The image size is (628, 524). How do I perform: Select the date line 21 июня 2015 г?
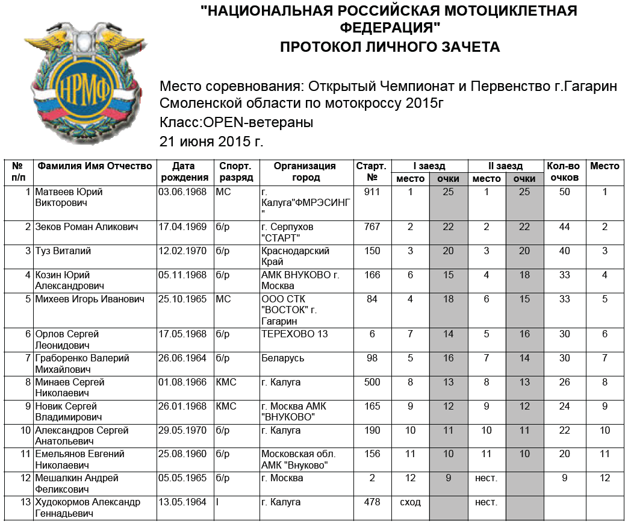coord(211,142)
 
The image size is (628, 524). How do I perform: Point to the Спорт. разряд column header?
coord(235,172)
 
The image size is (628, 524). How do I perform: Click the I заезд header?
coord(429,166)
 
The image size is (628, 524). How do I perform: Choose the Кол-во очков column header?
coord(563,172)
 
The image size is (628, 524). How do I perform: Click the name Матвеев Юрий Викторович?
coord(69,198)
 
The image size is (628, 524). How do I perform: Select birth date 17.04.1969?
coord(182,227)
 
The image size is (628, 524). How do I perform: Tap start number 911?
coord(372,192)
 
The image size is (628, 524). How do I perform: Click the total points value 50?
coord(564,192)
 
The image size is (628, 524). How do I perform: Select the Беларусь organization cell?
coord(283,358)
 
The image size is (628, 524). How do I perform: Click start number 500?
coord(372,382)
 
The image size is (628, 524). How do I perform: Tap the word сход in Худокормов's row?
coord(410,502)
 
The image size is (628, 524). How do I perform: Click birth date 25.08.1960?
coord(182,454)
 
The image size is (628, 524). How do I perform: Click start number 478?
coord(372,502)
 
